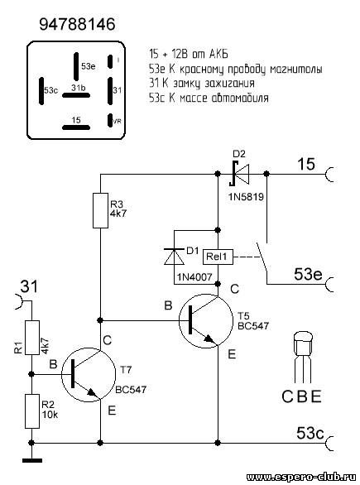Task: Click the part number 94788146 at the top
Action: coord(77,24)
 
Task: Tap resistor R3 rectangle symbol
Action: coord(100,210)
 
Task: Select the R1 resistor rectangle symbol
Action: coord(31,338)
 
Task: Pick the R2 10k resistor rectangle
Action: coord(31,411)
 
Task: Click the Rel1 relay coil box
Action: coord(218,256)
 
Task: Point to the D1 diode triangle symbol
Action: coord(174,257)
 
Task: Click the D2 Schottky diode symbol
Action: coord(239,174)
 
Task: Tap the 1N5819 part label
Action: coord(246,196)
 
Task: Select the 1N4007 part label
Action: coord(194,277)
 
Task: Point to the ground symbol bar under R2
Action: coord(31,460)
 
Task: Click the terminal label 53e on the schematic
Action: coord(308,274)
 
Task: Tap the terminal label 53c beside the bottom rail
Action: coord(310,433)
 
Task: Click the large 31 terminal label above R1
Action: coord(29,286)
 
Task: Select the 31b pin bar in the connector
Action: coord(76,95)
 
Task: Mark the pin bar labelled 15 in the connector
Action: coord(76,127)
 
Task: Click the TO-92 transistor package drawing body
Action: coord(303,344)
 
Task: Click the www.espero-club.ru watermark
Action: coord(301,477)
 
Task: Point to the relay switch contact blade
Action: coord(262,258)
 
